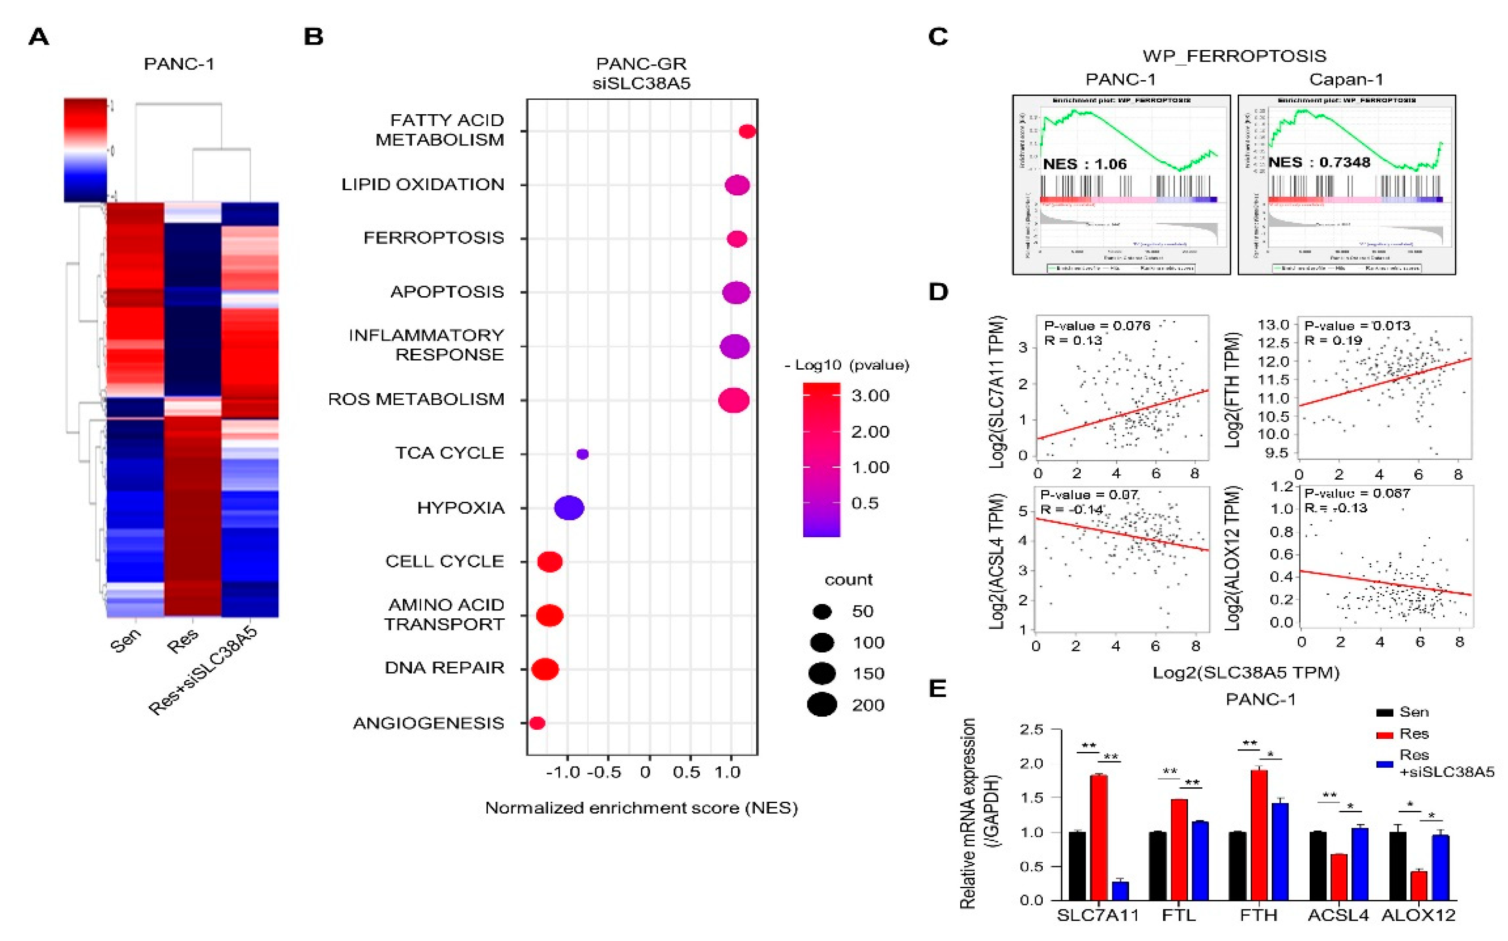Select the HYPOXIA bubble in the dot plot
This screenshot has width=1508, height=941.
569,508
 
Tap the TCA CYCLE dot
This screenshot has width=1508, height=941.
582,454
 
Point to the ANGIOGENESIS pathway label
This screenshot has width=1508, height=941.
428,723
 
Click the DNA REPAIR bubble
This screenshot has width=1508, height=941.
545,669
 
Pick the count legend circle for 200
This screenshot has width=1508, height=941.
822,704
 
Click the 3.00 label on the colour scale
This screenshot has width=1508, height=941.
870,396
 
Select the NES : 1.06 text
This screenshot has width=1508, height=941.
1085,164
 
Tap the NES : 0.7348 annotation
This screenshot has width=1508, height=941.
1319,162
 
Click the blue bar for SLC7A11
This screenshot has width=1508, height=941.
1120,891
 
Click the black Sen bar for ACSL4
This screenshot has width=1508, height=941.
1317,866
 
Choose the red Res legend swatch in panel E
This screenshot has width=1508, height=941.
1385,735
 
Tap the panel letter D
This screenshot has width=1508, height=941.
939,292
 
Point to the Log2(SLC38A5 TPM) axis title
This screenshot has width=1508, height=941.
1246,672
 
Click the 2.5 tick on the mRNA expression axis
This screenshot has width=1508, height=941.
1031,729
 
